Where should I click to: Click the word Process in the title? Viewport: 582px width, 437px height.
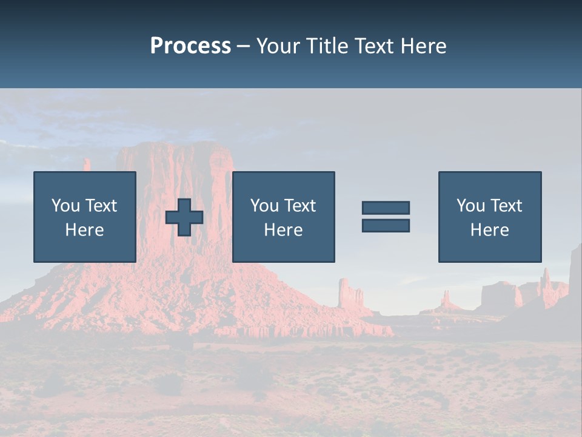coord(190,46)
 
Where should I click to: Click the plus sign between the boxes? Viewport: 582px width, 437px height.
coord(184,217)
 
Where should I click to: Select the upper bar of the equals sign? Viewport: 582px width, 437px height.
coord(386,208)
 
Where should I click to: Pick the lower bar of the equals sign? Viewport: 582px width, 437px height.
coord(386,225)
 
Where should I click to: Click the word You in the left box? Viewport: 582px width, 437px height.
coord(66,206)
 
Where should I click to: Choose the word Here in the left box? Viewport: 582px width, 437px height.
coord(84,230)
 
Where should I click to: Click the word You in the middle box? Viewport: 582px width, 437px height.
coord(265,206)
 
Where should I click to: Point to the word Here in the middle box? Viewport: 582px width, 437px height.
coord(283,230)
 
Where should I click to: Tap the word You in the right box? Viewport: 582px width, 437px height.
coord(471,206)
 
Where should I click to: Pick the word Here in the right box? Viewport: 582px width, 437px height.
coord(489,230)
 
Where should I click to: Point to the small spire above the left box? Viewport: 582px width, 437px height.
coord(87,164)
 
